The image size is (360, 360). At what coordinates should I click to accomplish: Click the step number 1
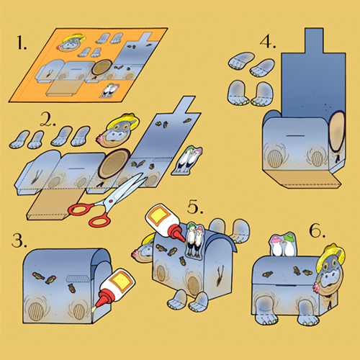coord(22,42)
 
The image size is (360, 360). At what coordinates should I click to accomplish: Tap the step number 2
coord(48,120)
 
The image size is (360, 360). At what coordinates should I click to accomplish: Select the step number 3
coord(19,240)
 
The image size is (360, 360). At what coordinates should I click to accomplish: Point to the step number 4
coord(268,42)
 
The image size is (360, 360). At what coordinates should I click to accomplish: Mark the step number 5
coord(195,207)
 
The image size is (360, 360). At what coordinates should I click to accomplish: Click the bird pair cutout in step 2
coord(187,161)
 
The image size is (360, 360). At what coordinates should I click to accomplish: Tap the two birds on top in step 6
coord(283,244)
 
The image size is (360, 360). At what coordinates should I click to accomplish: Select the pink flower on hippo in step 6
coord(317,287)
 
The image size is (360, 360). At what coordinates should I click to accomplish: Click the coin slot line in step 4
coord(296,136)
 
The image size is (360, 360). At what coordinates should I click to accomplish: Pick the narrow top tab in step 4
coord(314,40)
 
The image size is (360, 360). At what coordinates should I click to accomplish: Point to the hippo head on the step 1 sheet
coord(71,42)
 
